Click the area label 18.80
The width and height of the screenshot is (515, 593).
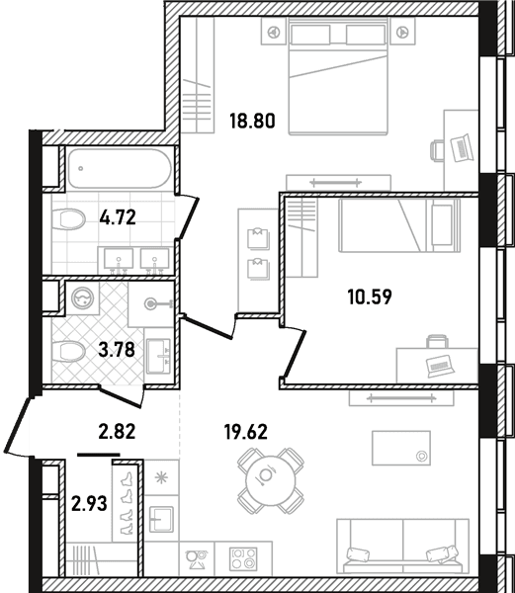coord(253,121)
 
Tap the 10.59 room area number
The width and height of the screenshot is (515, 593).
coord(370,296)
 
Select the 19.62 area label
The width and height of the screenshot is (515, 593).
coord(246,432)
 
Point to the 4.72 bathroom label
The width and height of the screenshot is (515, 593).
coord(118,217)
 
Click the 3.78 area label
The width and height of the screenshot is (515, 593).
coord(117,350)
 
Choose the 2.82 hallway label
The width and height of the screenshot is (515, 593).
coord(117,432)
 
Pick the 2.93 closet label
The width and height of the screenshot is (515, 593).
coord(89,504)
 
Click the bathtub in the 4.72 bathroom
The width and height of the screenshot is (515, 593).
coord(120,168)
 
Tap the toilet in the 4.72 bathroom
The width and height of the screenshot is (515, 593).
coord(68,219)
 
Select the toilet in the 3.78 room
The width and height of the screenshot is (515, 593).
coord(68,351)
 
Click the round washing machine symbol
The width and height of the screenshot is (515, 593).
coord(82,298)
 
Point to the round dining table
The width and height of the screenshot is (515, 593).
coord(271,480)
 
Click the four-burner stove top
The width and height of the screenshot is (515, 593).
coord(243,558)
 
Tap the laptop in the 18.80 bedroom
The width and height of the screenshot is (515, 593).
coord(462,148)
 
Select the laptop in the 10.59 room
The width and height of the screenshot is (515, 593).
coord(440,366)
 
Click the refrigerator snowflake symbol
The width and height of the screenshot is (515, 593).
coord(161,478)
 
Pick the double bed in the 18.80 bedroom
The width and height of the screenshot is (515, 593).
coord(338,76)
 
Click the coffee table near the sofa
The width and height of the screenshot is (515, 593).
coord(401,448)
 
